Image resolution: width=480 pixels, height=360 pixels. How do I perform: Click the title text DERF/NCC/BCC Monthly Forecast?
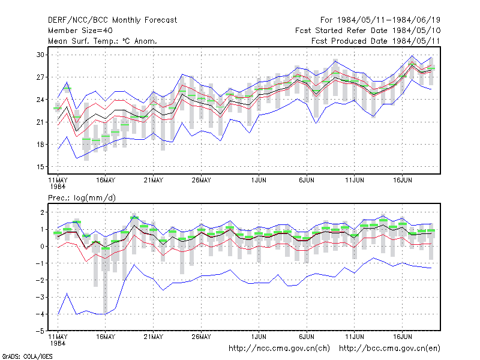112,20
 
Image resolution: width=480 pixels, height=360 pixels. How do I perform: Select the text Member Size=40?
80,31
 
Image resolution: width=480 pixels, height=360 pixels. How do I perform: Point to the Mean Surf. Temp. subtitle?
103,41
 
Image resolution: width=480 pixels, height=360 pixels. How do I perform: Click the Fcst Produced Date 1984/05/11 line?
376,41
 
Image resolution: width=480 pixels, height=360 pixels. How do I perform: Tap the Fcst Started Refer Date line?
368,31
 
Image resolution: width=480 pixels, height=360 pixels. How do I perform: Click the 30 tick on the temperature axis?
40,55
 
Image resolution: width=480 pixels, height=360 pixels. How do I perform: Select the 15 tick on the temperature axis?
40,167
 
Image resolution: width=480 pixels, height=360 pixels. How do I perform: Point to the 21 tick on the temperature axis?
40,122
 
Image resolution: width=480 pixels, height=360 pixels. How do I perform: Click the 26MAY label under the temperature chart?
202,181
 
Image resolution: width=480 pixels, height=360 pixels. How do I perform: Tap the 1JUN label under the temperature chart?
259,181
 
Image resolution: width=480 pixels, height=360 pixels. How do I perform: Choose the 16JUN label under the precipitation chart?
402,337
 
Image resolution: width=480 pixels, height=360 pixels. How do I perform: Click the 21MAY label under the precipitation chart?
154,337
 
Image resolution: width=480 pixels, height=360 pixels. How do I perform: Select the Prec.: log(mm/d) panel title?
82,198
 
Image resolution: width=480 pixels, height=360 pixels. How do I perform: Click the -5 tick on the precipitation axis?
40,331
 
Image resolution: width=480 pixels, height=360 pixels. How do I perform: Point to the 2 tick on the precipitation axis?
42,212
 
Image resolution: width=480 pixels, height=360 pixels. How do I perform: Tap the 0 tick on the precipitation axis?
42,247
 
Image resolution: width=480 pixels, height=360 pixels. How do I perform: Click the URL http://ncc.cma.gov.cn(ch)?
279,349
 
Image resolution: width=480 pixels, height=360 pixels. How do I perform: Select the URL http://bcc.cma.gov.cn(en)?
389,349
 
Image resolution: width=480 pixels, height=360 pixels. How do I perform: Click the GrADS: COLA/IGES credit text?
28,356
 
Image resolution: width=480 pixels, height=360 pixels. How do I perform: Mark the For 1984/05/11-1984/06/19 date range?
380,20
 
